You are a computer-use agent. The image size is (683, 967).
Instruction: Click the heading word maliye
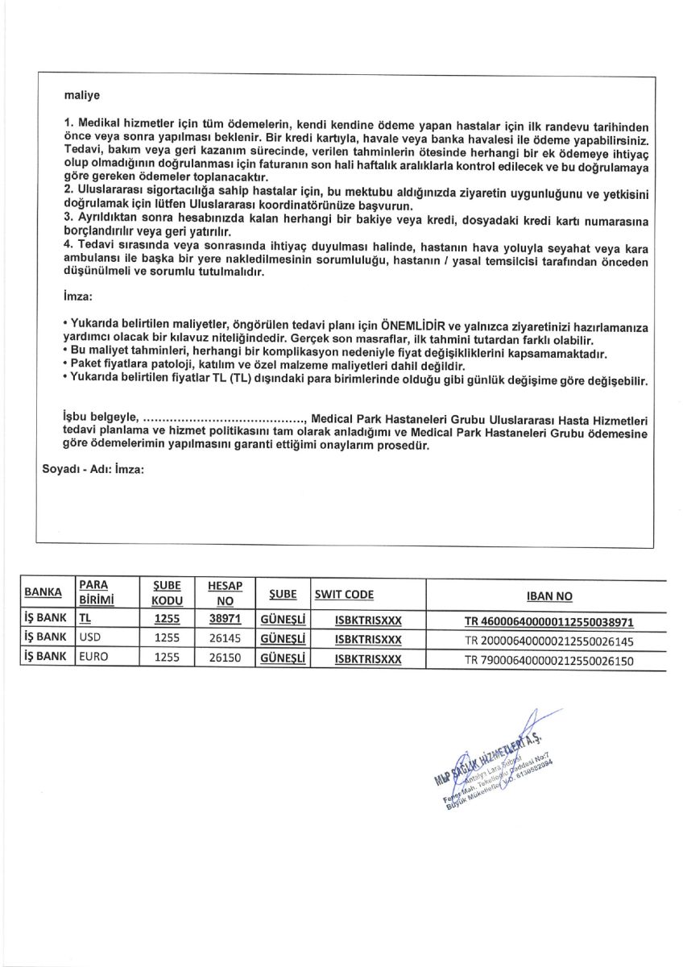coord(81,95)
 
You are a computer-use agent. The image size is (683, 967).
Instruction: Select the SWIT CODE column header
coord(345,595)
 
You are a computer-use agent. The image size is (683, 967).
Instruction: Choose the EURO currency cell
coord(93,657)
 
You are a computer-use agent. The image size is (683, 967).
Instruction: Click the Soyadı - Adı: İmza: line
coord(93,468)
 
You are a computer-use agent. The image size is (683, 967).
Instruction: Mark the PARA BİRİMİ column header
coord(94,592)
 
